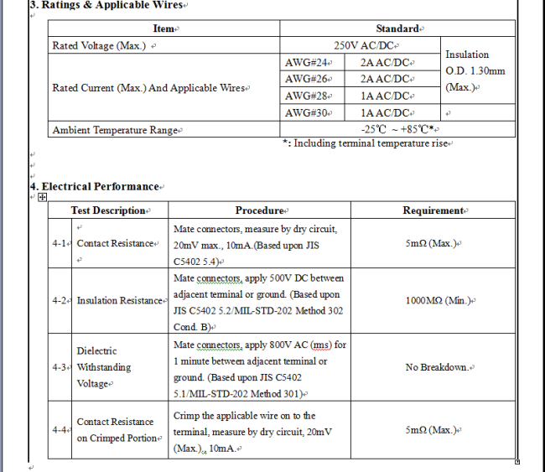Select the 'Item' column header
pyautogui.click(x=164, y=29)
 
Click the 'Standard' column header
pyautogui.click(x=397, y=29)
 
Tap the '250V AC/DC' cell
pyautogui.click(x=366, y=45)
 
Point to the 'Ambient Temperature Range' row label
pyautogui.click(x=116, y=130)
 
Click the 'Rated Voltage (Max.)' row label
pyautogui.click(x=100, y=45)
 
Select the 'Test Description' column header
pyautogui.click(x=108, y=210)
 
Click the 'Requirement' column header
pyautogui.click(x=433, y=210)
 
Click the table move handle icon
pyautogui.click(x=42, y=197)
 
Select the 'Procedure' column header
pyautogui.click(x=259, y=210)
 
